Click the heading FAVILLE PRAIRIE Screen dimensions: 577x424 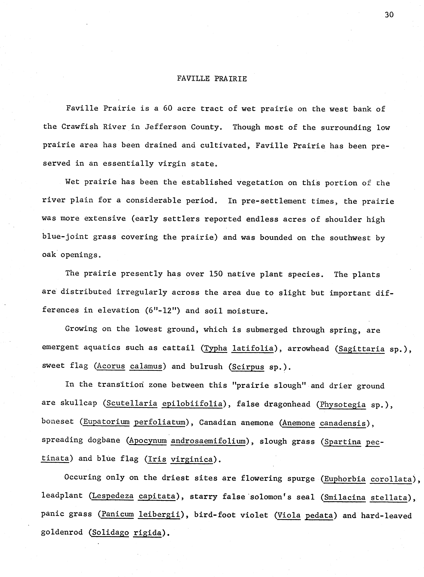212,79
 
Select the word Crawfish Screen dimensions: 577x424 80,127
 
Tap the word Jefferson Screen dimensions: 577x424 166,127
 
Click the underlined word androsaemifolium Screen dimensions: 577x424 208,441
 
